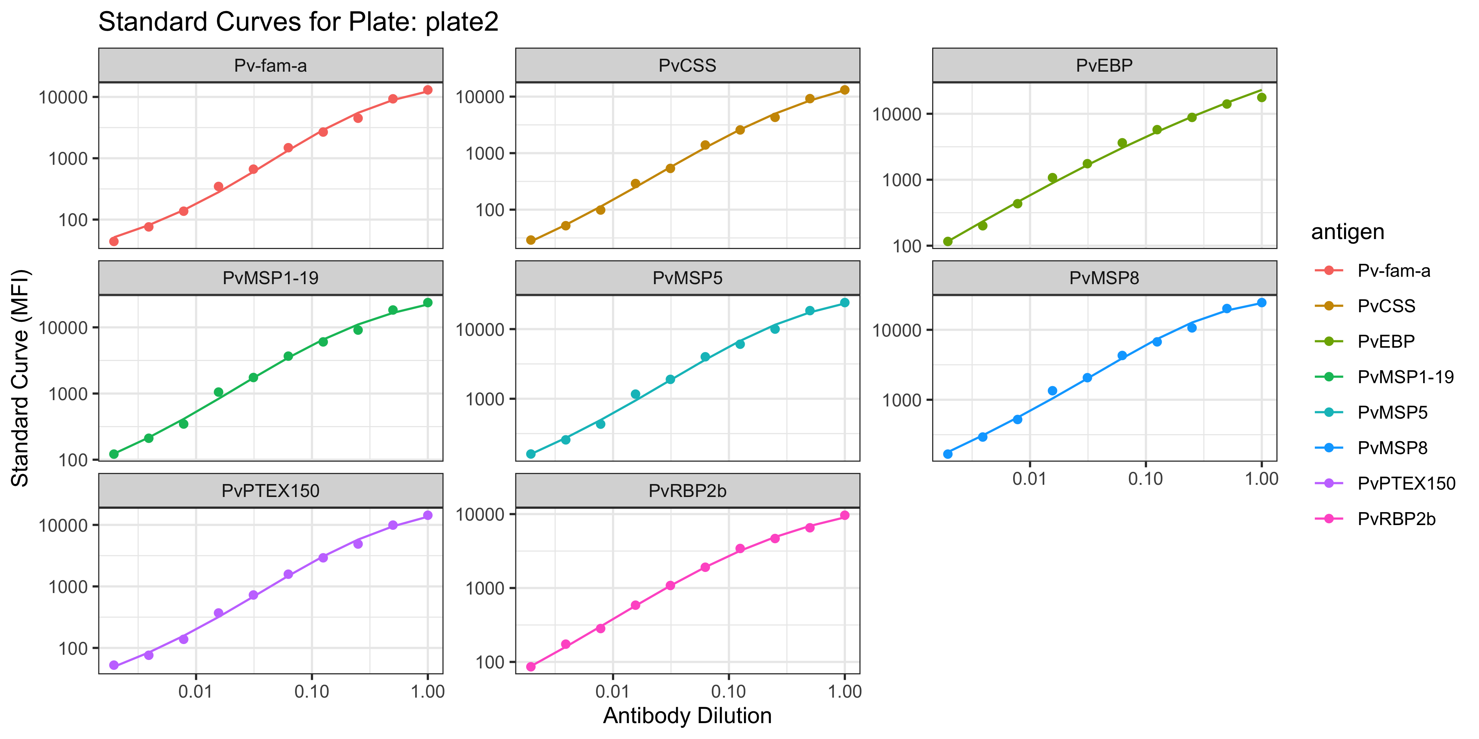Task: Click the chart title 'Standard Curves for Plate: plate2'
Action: click(298, 22)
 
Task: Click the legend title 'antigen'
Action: click(1347, 232)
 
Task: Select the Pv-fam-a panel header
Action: click(270, 65)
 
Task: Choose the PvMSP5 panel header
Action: click(687, 278)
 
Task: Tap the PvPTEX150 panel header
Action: click(270, 491)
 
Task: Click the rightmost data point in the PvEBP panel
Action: click(1261, 98)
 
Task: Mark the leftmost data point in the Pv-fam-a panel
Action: click(114, 241)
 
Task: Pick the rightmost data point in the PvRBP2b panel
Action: click(845, 515)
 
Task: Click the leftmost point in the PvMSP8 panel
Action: click(948, 454)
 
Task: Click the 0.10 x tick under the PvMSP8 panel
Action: click(1145, 479)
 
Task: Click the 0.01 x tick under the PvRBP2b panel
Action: click(613, 691)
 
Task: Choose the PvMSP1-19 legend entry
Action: click(1405, 377)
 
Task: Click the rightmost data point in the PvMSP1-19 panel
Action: click(428, 302)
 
